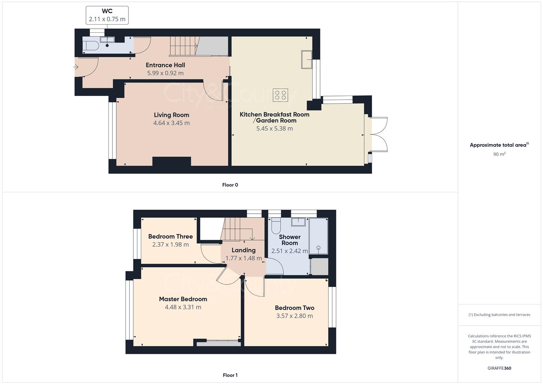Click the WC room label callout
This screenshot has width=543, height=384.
click(107, 15)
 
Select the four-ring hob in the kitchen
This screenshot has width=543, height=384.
click(280, 95)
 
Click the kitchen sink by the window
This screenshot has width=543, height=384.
click(307, 59)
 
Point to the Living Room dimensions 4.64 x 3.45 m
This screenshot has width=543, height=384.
click(171, 123)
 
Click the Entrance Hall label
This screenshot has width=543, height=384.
click(165, 65)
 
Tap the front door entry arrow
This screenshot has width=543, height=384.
click(76, 67)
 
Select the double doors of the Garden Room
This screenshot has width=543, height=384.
click(379, 135)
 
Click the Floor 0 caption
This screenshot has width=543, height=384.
click(230, 185)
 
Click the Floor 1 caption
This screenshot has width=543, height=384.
click(230, 375)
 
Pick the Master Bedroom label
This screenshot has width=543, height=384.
click(183, 299)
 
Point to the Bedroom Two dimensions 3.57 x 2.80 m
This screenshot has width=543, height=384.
click(294, 316)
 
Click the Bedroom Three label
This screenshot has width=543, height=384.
click(170, 236)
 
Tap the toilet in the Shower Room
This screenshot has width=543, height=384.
click(276, 225)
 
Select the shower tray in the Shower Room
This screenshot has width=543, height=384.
click(318, 236)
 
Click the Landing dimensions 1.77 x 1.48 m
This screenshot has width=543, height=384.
click(244, 258)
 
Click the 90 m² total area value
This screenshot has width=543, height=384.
click(499, 154)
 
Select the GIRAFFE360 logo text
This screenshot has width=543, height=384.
click(499, 368)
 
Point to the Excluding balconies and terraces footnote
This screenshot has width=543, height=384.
click(499, 315)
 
